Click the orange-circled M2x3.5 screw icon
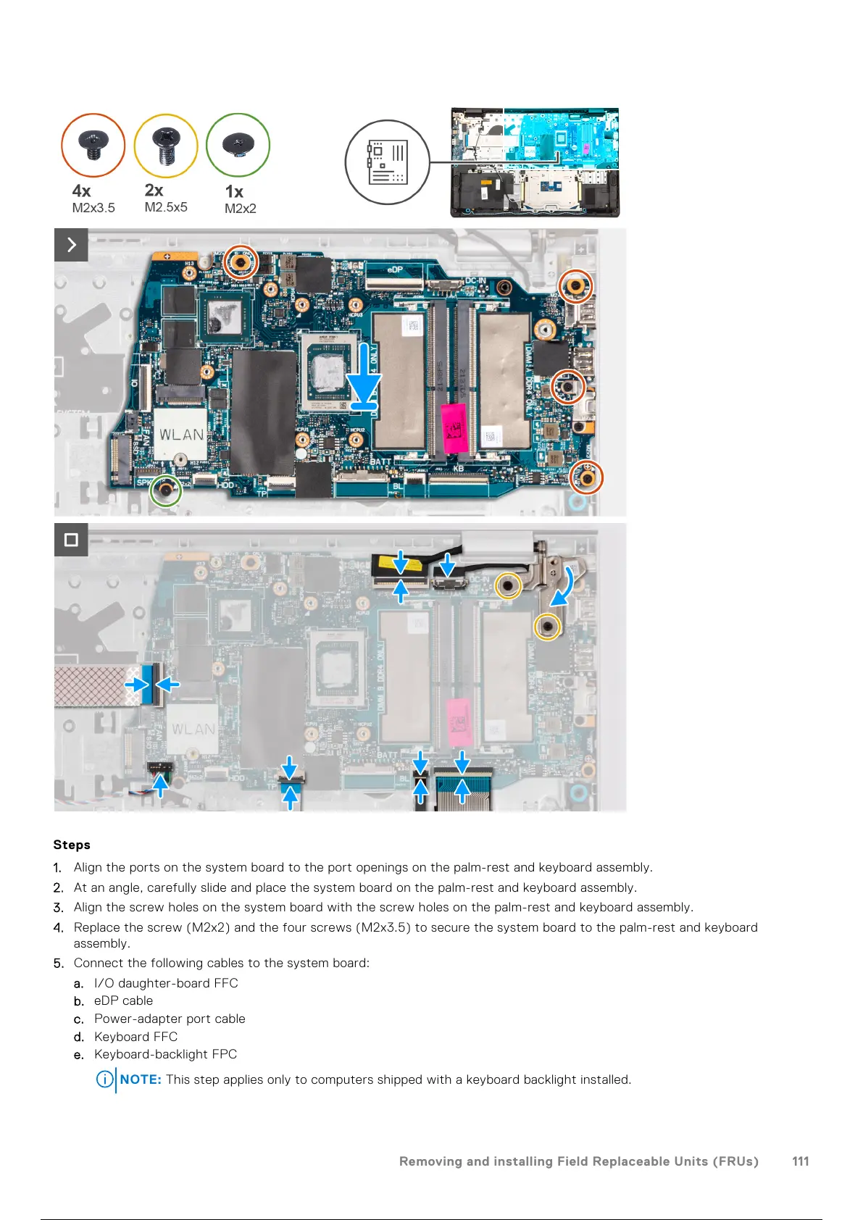point(93,145)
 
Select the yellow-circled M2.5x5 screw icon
point(166,145)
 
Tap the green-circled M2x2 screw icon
point(238,145)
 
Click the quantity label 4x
point(81,191)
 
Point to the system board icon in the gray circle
point(388,162)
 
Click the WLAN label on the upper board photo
point(181,435)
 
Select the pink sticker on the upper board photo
point(454,427)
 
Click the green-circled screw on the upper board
point(166,490)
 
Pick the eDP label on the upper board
point(395,270)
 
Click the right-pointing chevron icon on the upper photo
point(71,245)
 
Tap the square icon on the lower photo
point(71,540)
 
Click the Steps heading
point(72,845)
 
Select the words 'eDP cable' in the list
point(123,1000)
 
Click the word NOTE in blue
point(141,1079)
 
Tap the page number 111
point(800,1161)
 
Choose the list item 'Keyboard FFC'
point(136,1037)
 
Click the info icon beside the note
point(105,1079)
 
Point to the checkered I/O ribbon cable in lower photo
point(91,685)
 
